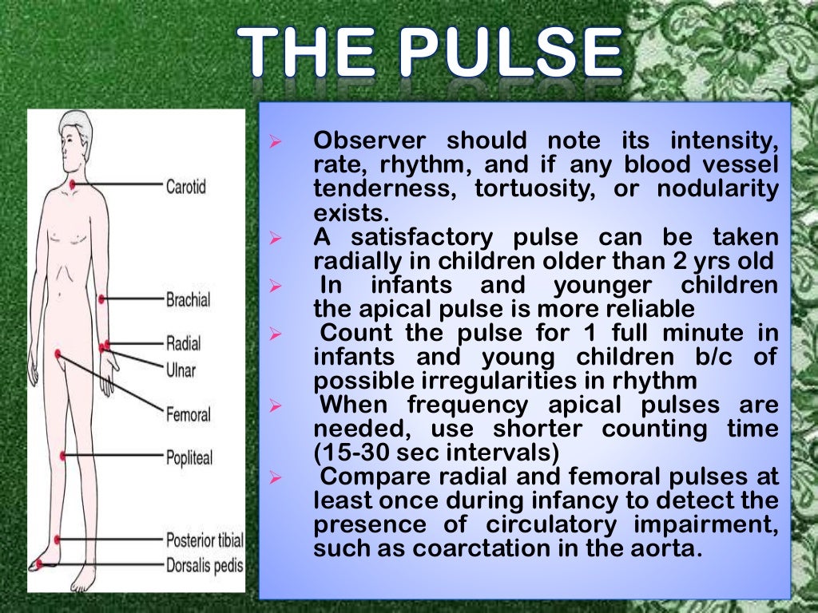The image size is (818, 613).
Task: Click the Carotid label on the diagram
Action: click(x=185, y=187)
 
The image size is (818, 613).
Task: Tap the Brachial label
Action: click(x=188, y=300)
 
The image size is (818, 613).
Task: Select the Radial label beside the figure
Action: click(x=184, y=343)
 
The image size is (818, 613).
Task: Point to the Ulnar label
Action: click(x=181, y=370)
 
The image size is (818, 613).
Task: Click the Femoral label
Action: click(x=188, y=415)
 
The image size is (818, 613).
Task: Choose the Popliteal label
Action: click(x=189, y=458)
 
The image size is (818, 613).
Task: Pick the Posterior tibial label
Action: click(x=204, y=540)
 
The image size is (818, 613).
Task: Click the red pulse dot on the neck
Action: click(x=73, y=185)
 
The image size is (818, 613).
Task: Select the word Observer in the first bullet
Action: click(x=369, y=141)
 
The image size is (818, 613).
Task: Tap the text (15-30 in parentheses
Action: click(x=359, y=453)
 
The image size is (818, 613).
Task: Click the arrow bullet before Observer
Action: click(x=274, y=142)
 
